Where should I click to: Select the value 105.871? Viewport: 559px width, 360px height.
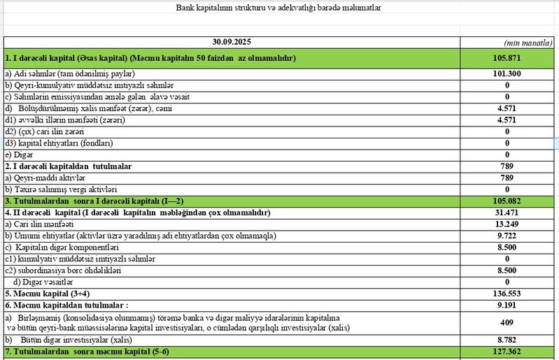[x=507, y=58]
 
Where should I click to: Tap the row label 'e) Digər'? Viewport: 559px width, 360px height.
[x=20, y=154]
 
